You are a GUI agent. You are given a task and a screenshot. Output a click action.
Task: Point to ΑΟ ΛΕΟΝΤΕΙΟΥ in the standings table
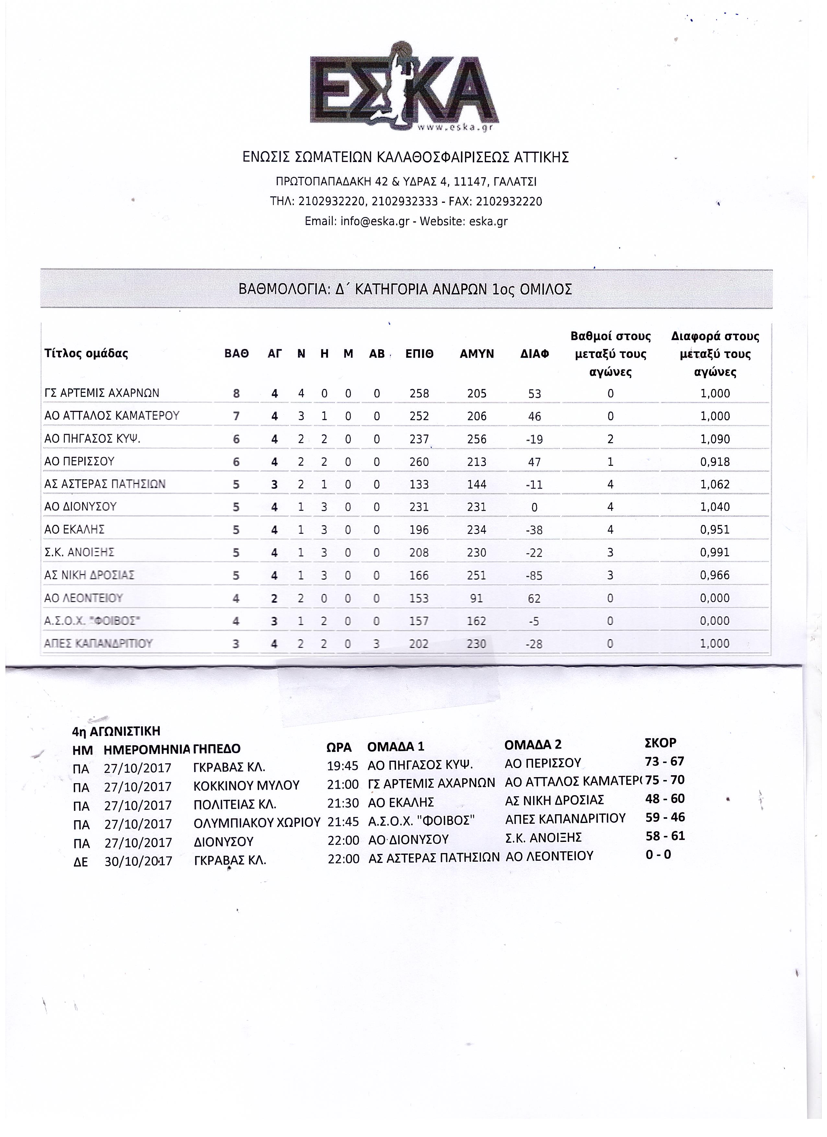point(84,598)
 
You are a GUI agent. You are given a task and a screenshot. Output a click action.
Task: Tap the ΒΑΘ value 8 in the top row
point(236,394)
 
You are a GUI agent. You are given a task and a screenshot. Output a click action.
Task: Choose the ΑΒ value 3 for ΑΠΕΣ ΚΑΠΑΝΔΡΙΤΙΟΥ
point(376,644)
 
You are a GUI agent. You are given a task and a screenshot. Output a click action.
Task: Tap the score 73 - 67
point(665,762)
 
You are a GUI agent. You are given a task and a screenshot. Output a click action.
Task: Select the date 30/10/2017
point(138,861)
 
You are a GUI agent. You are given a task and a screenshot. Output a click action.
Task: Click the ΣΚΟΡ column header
point(660,742)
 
